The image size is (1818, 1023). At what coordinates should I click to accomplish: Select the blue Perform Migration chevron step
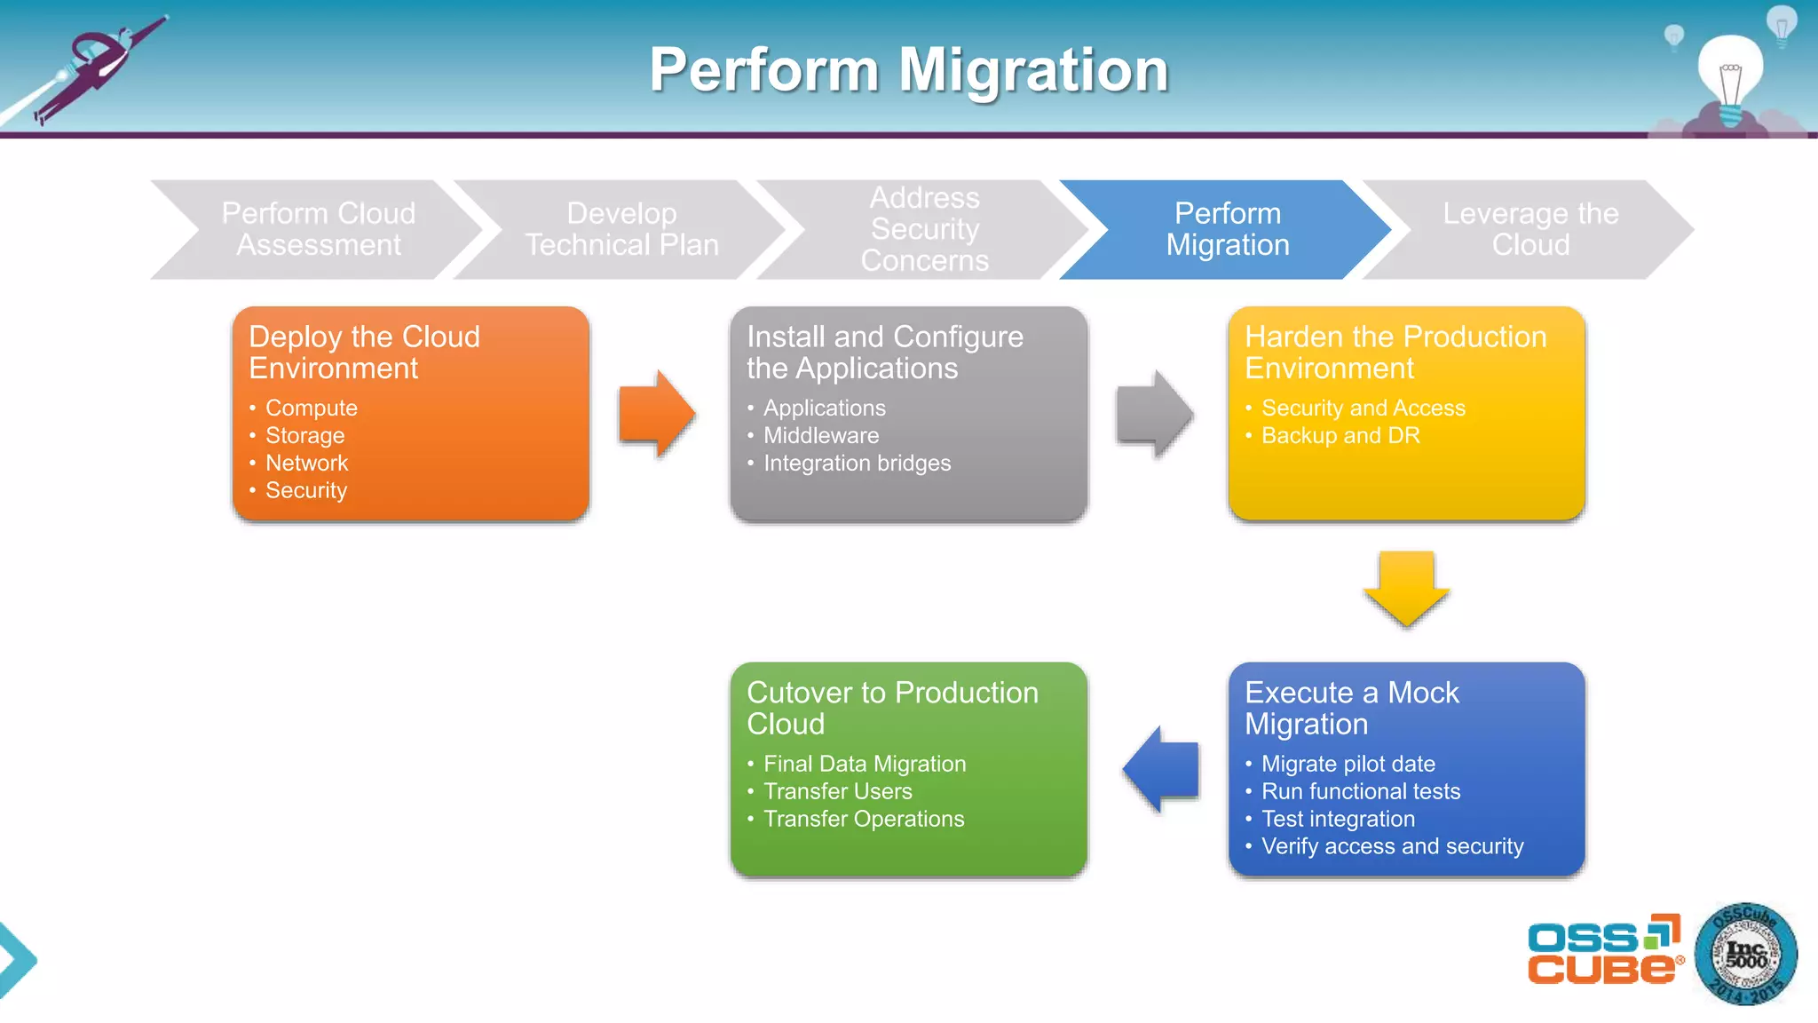click(x=1227, y=229)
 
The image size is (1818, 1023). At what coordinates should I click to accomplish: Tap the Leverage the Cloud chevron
click(x=1529, y=229)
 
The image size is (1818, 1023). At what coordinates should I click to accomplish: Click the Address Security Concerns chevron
click(x=924, y=229)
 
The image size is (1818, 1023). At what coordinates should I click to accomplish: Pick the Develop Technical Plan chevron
click(x=621, y=229)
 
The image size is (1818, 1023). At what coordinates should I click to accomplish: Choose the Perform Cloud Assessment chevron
click(x=318, y=229)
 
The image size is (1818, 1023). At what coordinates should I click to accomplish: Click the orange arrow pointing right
click(x=656, y=414)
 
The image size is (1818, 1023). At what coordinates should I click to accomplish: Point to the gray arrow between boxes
click(x=1154, y=414)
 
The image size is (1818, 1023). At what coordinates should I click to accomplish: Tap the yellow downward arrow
click(x=1406, y=589)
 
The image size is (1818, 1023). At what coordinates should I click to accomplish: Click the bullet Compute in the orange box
click(x=311, y=408)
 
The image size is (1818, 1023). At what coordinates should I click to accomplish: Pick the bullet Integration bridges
click(x=857, y=463)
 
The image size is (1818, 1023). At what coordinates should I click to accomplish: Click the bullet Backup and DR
click(x=1340, y=435)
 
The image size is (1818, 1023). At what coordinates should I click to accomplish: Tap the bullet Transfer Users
click(x=837, y=791)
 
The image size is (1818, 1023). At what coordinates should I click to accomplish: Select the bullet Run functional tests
click(x=1360, y=791)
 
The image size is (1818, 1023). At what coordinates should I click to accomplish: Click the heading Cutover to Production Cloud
click(x=892, y=708)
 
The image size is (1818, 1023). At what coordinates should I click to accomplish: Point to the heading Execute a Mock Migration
click(x=1351, y=708)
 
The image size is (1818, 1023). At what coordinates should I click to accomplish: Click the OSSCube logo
click(x=1603, y=950)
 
